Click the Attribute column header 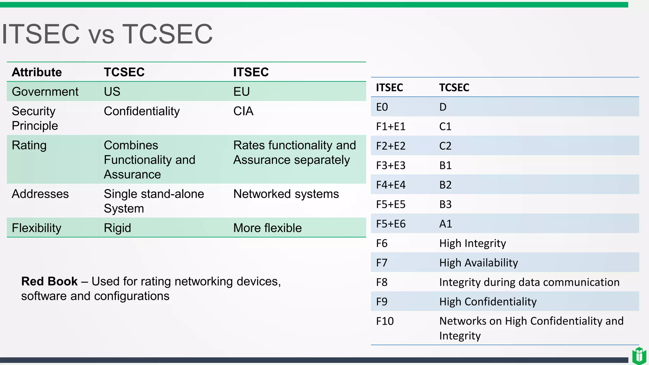[x=37, y=72]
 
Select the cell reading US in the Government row [x=112, y=92]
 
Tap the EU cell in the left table [x=241, y=92]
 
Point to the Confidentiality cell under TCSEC [x=142, y=111]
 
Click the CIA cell [x=243, y=111]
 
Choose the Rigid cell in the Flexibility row [x=117, y=228]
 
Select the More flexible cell [x=267, y=228]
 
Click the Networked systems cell [x=286, y=194]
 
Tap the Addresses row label [x=40, y=194]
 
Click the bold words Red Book [x=49, y=281]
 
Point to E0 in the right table [x=382, y=107]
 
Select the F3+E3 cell [x=391, y=165]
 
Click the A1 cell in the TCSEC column [x=446, y=224]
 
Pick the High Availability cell [x=479, y=263]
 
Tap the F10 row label [x=385, y=321]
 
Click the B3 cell [x=445, y=204]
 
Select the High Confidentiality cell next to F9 [x=488, y=302]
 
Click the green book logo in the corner [x=639, y=356]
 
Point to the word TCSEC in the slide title [x=167, y=34]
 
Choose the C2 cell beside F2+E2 [x=445, y=146]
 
